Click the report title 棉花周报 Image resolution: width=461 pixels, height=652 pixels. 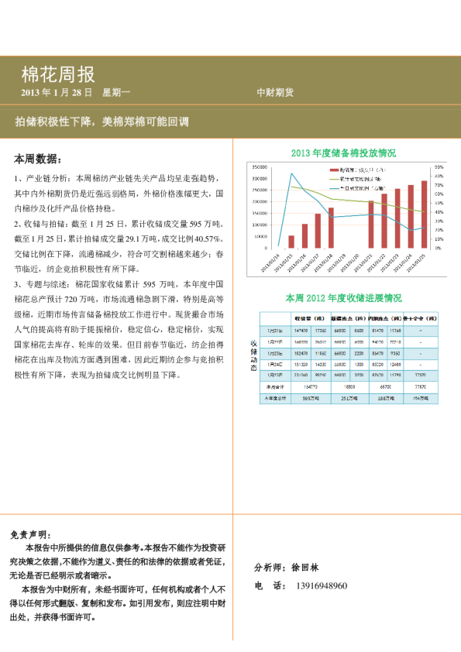pyautogui.click(x=58, y=74)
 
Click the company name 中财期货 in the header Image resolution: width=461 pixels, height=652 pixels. pyautogui.click(x=275, y=92)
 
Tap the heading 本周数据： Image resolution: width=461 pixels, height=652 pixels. pyautogui.click(x=38, y=159)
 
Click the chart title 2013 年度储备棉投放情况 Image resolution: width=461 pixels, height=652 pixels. pyautogui.click(x=342, y=153)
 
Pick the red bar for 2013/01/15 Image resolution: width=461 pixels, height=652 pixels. pyautogui.click(x=291, y=242)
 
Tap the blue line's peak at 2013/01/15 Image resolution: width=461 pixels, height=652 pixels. pyautogui.click(x=291, y=173)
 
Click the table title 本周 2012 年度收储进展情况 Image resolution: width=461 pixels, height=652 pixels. pyautogui.click(x=343, y=297)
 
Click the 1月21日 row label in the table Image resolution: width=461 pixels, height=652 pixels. pyautogui.click(x=275, y=331)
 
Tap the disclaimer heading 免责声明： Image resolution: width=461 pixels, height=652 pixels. pyautogui.click(x=32, y=535)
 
